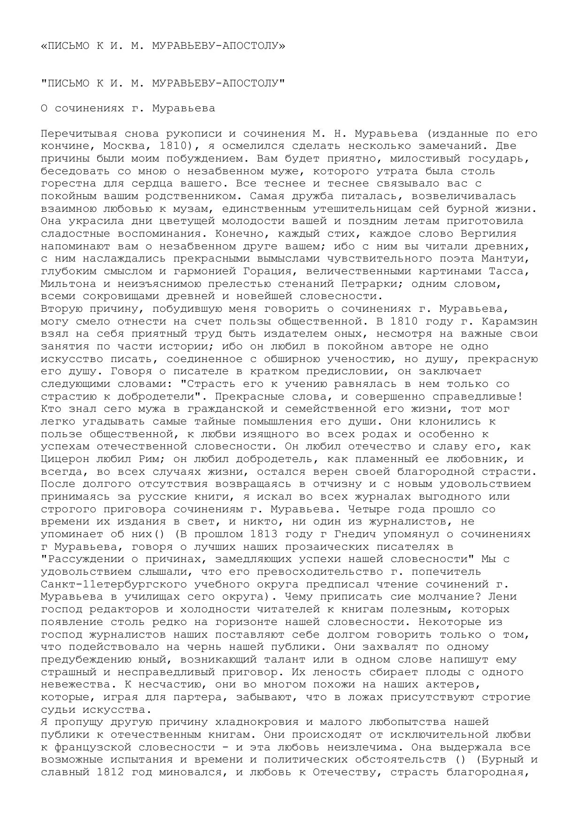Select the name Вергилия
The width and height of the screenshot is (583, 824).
coord(488,233)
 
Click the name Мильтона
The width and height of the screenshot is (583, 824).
coord(69,284)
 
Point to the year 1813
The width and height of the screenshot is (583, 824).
coord(264,534)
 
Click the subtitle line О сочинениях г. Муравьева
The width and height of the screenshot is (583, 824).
coord(128,108)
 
